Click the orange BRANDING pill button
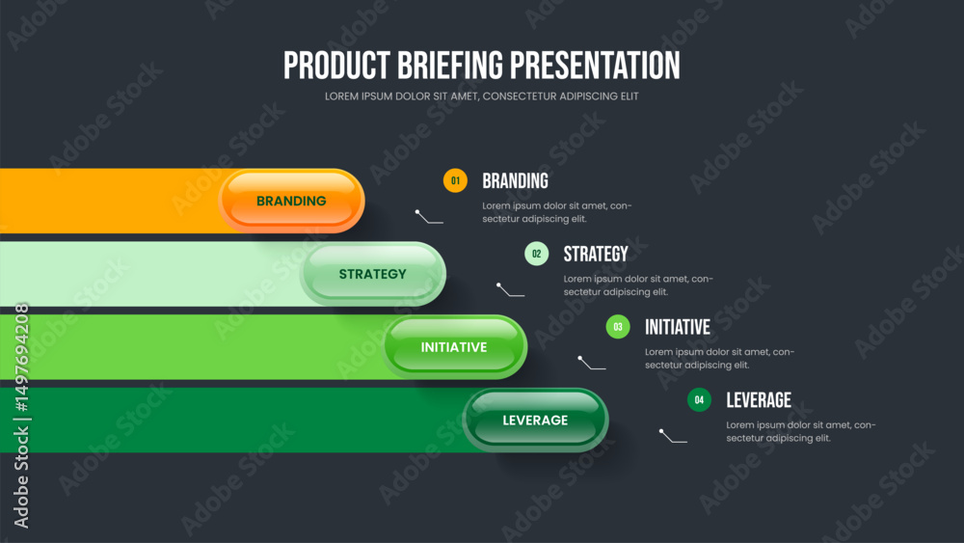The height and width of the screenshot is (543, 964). pos(291,201)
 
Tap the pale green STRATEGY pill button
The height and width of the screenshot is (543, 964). pos(372,274)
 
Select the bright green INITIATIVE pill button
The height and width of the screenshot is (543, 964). pos(454,347)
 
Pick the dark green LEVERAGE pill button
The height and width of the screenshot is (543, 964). pos(535,420)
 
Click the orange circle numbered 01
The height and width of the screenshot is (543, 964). pos(455,180)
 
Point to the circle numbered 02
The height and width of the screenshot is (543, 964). pos(537,254)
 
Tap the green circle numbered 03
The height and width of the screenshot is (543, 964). pos(618,327)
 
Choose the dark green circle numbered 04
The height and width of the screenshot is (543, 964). pos(699,399)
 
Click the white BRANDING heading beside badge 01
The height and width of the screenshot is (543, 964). pos(515,180)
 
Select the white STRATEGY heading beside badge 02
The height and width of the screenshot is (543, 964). pos(596,254)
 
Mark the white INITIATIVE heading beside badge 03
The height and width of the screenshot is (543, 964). pos(678,327)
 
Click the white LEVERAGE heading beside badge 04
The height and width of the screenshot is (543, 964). pos(759,400)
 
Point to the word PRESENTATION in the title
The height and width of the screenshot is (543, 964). pos(595,66)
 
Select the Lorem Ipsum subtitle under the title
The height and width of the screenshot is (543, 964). pos(481,96)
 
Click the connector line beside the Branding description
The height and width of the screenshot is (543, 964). pos(429,216)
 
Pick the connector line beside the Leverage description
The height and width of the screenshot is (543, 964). pos(673,436)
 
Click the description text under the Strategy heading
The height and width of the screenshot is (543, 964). pos(638,285)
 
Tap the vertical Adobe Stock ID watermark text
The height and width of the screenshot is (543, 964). pos(21,415)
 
